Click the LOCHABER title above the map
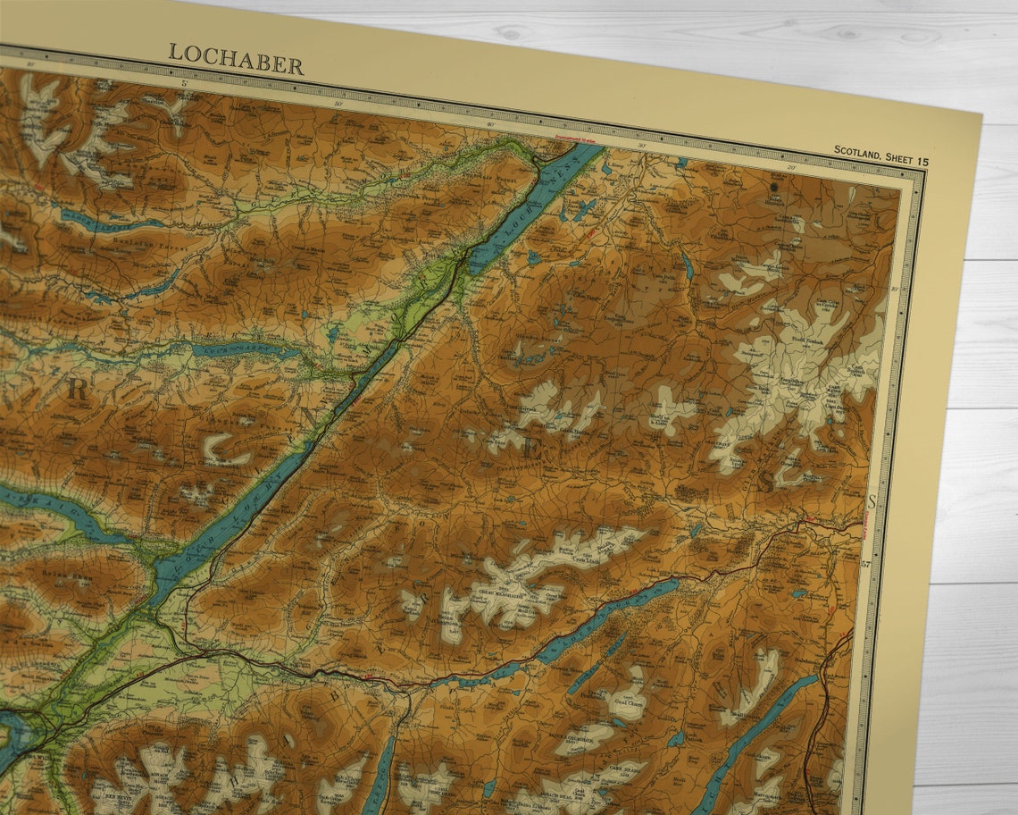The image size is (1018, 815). (x=236, y=58)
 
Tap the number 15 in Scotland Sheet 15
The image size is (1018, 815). (x=921, y=161)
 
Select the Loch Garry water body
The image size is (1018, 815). (x=241, y=350)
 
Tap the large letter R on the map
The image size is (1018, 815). (x=78, y=390)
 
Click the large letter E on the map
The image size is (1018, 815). (x=530, y=450)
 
